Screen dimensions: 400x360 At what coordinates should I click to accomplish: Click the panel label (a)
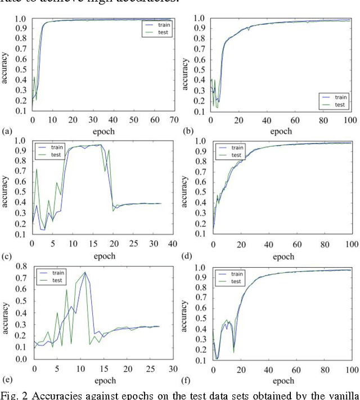pyautogui.click(x=7, y=131)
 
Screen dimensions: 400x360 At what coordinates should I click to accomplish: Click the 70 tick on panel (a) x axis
pyautogui.click(x=174, y=120)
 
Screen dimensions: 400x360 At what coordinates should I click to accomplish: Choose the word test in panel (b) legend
pyautogui.click(x=340, y=104)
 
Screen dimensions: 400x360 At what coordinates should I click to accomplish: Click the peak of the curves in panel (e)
pyautogui.click(x=85, y=272)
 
